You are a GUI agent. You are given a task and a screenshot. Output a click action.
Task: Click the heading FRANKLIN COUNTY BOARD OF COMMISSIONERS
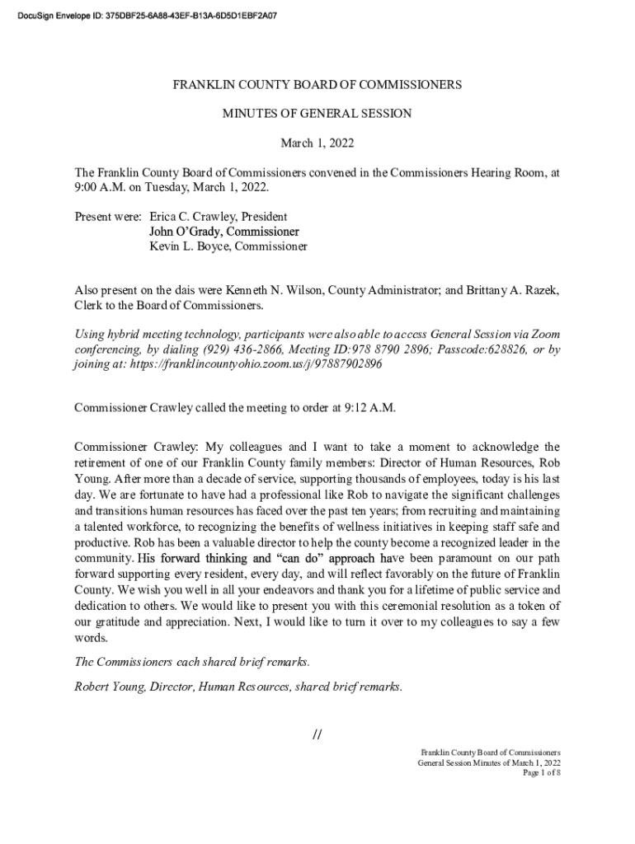[317, 85]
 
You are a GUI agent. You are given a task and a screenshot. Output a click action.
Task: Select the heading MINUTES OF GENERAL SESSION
[317, 114]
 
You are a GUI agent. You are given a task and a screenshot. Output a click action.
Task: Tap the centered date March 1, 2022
[317, 143]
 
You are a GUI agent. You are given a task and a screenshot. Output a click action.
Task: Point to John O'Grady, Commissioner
[223, 232]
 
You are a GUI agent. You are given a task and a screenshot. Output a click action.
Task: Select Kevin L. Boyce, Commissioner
[228, 246]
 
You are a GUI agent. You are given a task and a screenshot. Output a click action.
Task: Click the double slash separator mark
[317, 734]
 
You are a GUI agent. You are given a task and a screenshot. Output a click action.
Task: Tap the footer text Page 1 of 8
[542, 773]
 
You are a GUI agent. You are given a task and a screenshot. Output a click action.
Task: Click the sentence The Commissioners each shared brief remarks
[192, 662]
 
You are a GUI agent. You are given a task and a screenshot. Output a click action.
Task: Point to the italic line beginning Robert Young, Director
[238, 686]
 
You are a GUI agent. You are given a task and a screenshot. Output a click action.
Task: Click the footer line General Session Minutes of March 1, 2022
[489, 763]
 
